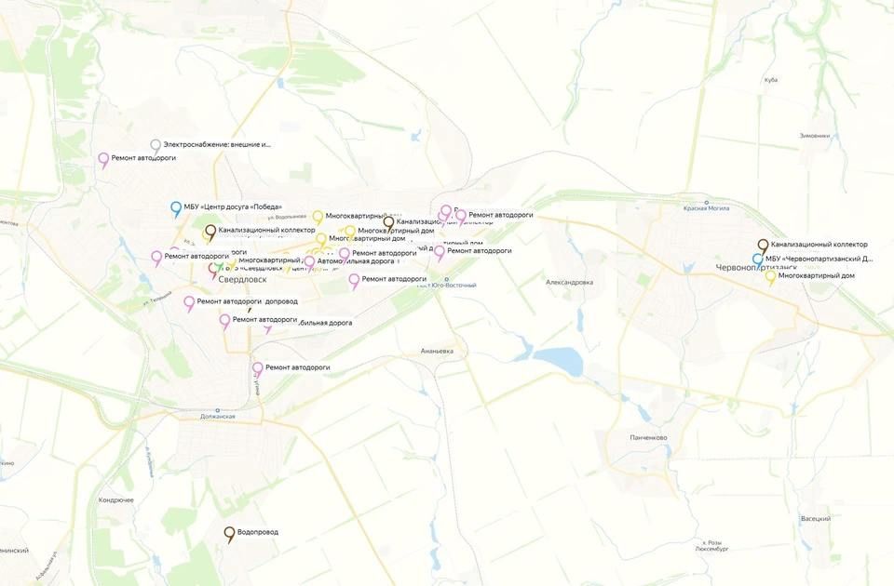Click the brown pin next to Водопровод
229,534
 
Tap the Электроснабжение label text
217,144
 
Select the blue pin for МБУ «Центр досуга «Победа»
176,208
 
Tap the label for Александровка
569,282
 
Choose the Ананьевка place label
437,352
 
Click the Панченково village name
648,438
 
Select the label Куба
770,80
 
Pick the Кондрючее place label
116,500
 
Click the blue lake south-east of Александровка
558,361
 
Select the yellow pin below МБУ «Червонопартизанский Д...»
770,276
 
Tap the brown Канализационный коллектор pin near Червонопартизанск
763,246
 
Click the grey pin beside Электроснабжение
156,145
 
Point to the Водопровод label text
258,532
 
